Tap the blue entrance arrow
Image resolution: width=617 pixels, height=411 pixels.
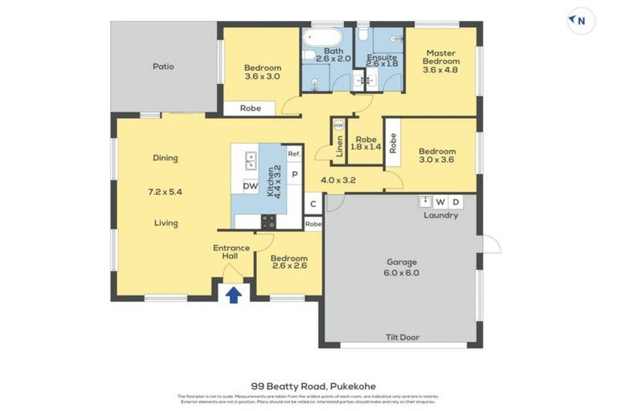[x=233, y=295]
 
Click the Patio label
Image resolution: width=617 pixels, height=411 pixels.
[x=163, y=67]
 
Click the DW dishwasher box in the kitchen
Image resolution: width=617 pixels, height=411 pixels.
[x=250, y=186]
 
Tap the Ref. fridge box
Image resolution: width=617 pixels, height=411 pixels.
[x=294, y=154]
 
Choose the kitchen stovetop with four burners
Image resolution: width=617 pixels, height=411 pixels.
[x=268, y=222]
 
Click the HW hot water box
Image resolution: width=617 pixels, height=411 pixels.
[x=338, y=126]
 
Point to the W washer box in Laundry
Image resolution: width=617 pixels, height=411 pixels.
[x=439, y=201]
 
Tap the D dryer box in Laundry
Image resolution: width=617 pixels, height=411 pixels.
[x=456, y=201]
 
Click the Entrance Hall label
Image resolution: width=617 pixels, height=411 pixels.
[x=231, y=252]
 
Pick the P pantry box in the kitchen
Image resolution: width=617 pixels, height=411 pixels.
[x=294, y=174]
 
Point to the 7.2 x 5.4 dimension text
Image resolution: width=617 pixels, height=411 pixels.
[x=165, y=193]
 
